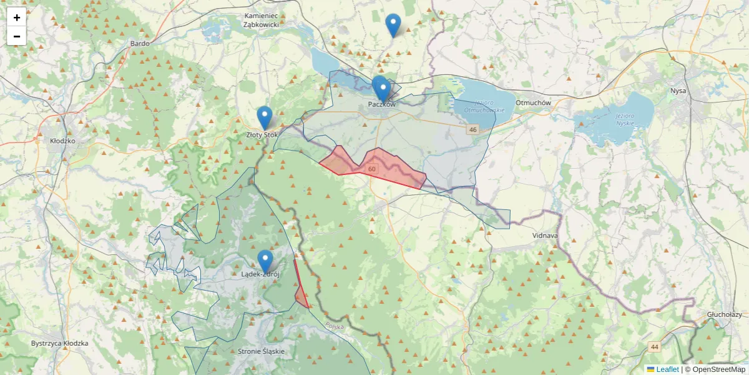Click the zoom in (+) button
click(17, 17)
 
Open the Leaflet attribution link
click(667, 369)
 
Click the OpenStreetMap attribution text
click(718, 369)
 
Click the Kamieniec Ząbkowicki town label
click(261, 19)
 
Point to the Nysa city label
click(678, 91)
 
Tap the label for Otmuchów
click(533, 102)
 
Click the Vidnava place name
click(546, 236)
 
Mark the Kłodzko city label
click(62, 141)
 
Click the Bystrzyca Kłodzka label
click(59, 343)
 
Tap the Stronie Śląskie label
click(261, 351)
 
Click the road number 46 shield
click(472, 129)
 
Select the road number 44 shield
click(654, 346)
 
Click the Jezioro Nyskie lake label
click(624, 119)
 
